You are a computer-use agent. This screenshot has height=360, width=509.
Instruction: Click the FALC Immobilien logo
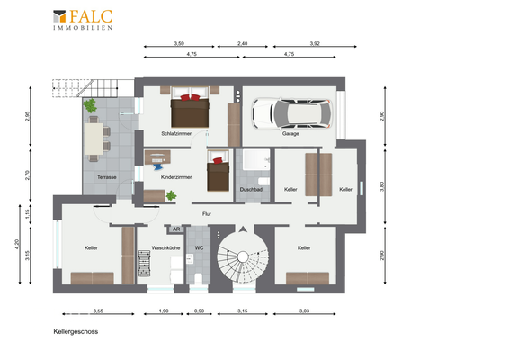pos(83,20)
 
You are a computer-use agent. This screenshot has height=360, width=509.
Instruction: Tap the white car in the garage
pos(292,113)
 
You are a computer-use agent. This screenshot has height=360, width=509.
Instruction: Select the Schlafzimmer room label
pos(176,133)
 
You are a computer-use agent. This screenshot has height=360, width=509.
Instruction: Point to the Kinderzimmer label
pos(176,177)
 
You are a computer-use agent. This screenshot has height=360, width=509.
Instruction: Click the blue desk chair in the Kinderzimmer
pos(158,166)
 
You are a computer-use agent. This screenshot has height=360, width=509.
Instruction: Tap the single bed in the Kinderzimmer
pos(219,171)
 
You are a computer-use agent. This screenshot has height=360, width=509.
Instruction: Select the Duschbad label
pos(251,189)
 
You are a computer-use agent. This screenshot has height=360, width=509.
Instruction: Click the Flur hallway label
pos(207,214)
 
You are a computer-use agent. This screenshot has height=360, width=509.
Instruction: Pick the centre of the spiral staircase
pos(243,257)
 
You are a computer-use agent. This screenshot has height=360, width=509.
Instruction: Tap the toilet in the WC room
pos(198,278)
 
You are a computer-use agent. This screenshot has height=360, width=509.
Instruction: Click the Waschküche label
pos(165,247)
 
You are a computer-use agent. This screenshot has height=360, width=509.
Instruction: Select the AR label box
pos(176,229)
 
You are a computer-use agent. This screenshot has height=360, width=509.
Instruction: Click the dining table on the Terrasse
pos(94,139)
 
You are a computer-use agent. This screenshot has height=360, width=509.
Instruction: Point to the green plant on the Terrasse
pos(90,105)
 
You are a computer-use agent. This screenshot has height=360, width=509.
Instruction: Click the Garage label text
pos(290,133)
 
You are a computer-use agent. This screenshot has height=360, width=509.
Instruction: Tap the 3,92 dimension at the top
pos(315,43)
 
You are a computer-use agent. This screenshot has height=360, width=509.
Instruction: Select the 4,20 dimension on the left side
pos(17,244)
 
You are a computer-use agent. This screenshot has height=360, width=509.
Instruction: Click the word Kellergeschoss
pos(76,332)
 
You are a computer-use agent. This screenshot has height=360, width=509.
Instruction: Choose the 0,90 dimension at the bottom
pos(199,310)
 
